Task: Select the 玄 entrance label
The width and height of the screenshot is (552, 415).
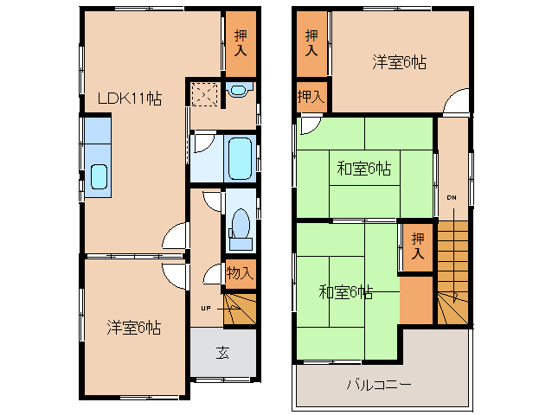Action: [x=222, y=353]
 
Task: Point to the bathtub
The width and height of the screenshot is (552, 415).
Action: [x=240, y=156]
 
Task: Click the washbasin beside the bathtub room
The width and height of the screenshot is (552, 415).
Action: [x=239, y=90]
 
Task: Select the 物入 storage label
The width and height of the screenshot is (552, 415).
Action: [x=240, y=273]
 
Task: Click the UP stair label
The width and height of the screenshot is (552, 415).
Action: [x=206, y=307]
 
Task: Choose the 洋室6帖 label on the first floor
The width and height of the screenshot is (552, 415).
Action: [x=134, y=327]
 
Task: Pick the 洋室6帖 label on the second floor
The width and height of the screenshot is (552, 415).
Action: [x=399, y=62]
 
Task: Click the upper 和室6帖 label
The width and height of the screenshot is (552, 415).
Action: [x=363, y=169]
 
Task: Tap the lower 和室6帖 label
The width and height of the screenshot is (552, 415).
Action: [x=345, y=292]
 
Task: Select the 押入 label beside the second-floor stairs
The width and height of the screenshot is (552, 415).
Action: [x=418, y=246]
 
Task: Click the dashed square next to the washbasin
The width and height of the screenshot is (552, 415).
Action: [x=205, y=93]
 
